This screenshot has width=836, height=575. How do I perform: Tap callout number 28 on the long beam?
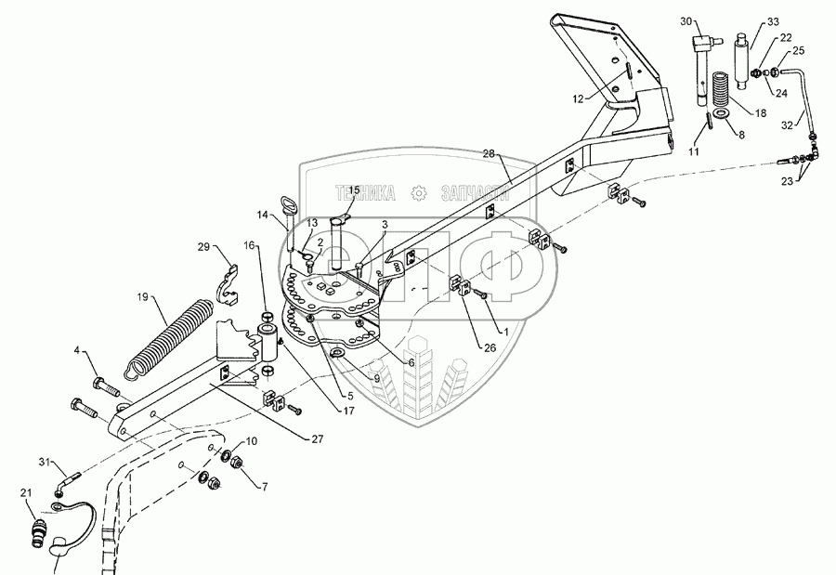(x=490, y=154)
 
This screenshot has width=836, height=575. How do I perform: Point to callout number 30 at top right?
(x=686, y=21)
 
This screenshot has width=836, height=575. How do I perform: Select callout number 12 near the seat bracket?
(x=579, y=98)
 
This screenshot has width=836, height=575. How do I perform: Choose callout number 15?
(x=354, y=190)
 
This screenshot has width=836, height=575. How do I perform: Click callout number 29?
(x=203, y=246)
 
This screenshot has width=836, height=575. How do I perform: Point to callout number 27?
(x=318, y=439)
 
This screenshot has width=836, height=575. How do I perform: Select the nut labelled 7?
(x=235, y=464)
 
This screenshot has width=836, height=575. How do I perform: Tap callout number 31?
(x=46, y=462)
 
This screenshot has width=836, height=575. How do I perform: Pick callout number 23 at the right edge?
(x=788, y=181)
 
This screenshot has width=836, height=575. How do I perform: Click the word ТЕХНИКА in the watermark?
(x=365, y=192)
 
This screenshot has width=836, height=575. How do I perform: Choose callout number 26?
(x=490, y=347)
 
